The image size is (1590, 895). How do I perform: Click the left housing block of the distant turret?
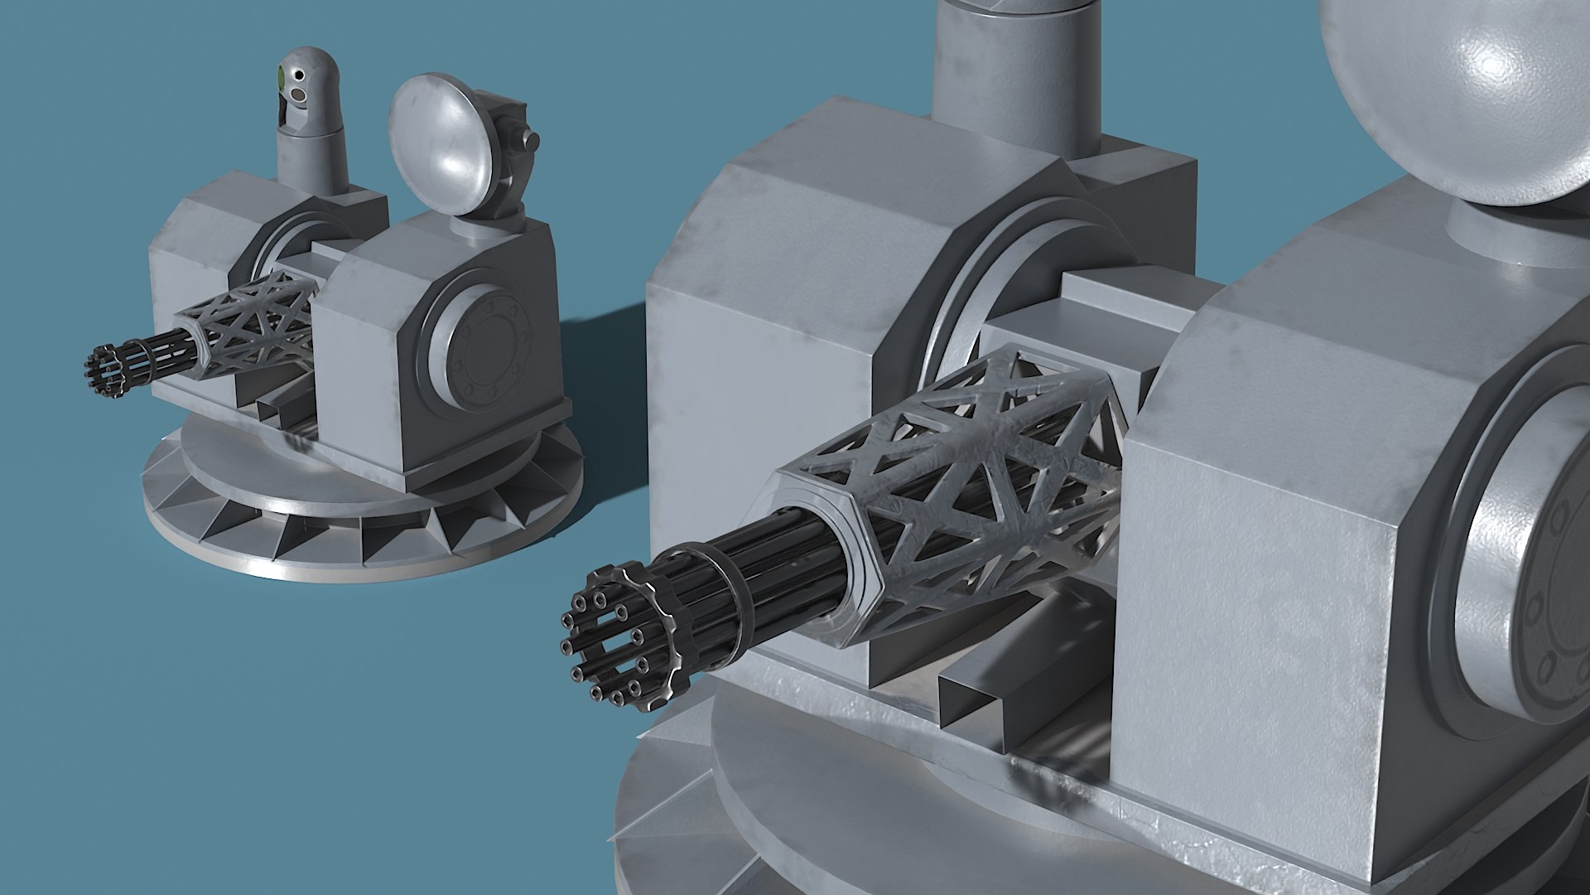(x=199, y=273)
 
